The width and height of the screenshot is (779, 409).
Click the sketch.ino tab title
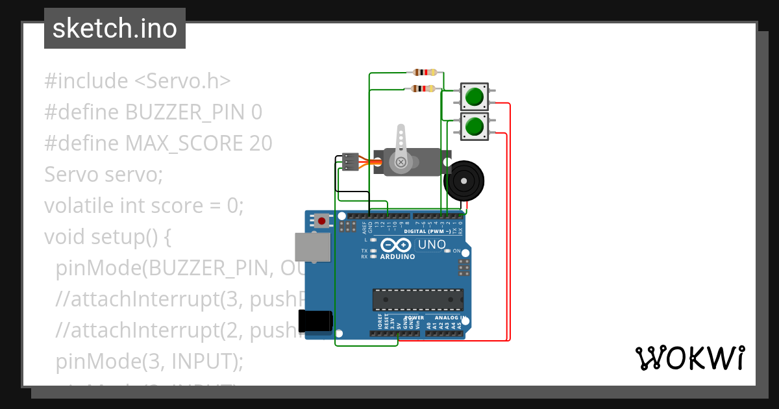(114, 29)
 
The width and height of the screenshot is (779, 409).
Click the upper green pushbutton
(474, 97)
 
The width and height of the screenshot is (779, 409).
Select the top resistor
(424, 73)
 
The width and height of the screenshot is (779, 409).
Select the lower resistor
(424, 88)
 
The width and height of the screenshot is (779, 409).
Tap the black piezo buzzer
(464, 180)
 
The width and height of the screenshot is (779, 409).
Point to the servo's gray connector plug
(351, 162)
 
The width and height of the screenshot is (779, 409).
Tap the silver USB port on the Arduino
(312, 247)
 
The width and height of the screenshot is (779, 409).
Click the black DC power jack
(315, 321)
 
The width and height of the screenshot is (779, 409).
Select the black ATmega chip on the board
(417, 299)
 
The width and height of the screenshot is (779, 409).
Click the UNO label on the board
(431, 245)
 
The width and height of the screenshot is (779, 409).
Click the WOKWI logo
(689, 358)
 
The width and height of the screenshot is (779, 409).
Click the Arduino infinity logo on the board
(395, 245)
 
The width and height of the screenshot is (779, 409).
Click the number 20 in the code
(260, 143)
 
